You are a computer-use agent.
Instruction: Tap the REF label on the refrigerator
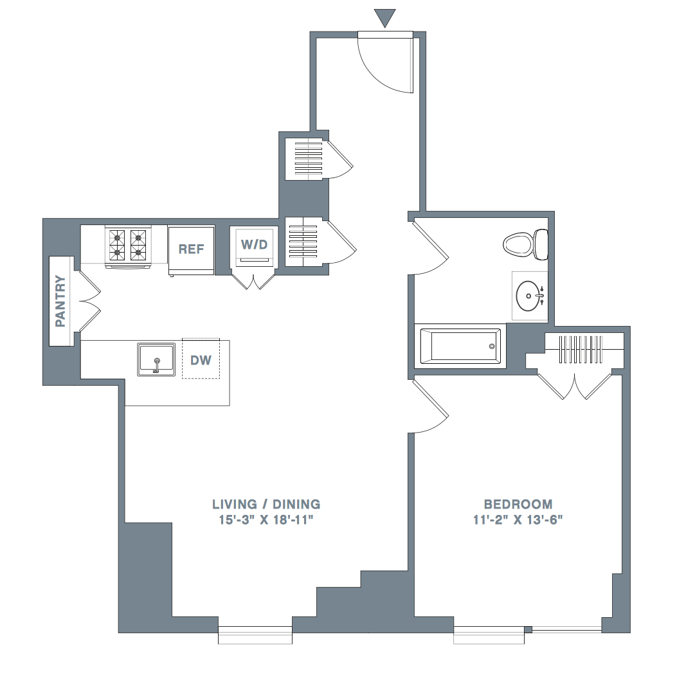pyautogui.click(x=191, y=249)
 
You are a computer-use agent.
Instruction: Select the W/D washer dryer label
pyautogui.click(x=255, y=244)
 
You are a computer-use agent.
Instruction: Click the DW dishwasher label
pyautogui.click(x=201, y=361)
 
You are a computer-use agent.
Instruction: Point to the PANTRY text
pyautogui.click(x=60, y=301)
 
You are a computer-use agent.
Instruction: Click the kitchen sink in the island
pyautogui.click(x=156, y=359)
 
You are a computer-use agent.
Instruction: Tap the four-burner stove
pyautogui.click(x=128, y=247)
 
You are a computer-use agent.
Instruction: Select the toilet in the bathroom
pyautogui.click(x=526, y=244)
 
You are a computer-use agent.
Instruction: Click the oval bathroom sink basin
pyautogui.click(x=528, y=296)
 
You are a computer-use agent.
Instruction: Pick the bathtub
pyautogui.click(x=460, y=346)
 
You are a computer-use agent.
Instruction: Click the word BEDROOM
pyautogui.click(x=518, y=504)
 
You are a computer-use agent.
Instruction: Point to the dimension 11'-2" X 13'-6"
pyautogui.click(x=518, y=519)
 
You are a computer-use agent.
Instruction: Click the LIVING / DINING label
pyautogui.click(x=266, y=504)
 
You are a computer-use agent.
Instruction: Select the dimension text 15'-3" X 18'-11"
pyautogui.click(x=266, y=519)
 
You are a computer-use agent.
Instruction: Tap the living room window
pyautogui.click(x=255, y=634)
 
